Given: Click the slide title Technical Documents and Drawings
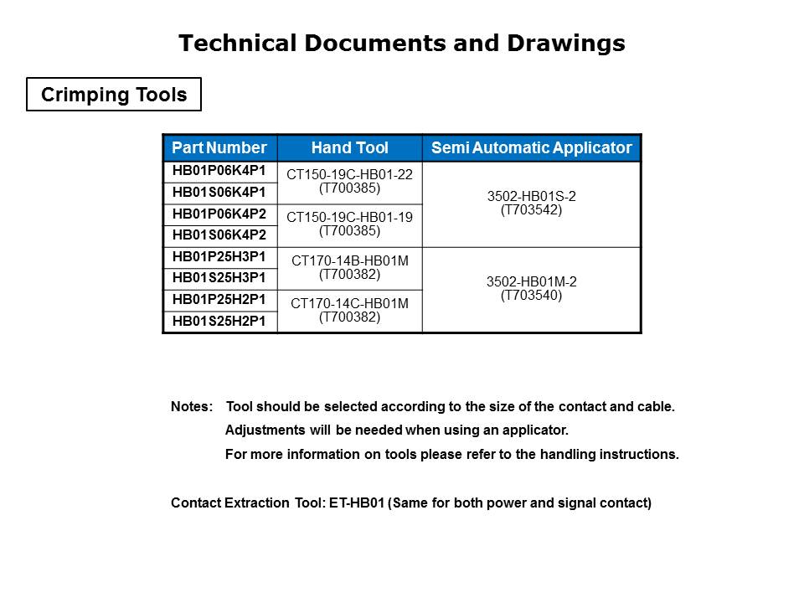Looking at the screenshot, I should (402, 44).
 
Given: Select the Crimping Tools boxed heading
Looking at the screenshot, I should (114, 95).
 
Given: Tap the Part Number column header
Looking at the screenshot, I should (219, 148).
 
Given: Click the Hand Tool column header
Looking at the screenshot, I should (349, 148).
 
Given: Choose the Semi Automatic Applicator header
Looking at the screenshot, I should (531, 148).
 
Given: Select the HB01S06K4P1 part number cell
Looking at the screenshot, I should (219, 193).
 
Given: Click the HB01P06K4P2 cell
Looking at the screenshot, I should (219, 214).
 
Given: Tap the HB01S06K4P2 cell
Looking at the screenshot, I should (219, 235).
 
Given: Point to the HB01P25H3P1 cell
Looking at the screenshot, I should (219, 257).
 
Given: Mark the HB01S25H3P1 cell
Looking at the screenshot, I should (219, 278).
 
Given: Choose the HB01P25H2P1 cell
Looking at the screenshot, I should (219, 300).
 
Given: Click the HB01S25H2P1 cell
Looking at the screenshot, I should (219, 321).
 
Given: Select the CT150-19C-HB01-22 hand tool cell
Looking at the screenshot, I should (349, 182).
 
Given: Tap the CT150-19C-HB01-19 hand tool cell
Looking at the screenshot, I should (349, 224).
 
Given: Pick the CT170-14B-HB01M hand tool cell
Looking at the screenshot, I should (349, 268).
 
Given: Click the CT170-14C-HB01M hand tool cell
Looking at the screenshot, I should (349, 311).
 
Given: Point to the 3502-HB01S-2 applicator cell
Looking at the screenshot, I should (531, 204).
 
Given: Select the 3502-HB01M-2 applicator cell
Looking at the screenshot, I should (531, 289).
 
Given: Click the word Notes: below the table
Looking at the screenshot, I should (192, 408).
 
